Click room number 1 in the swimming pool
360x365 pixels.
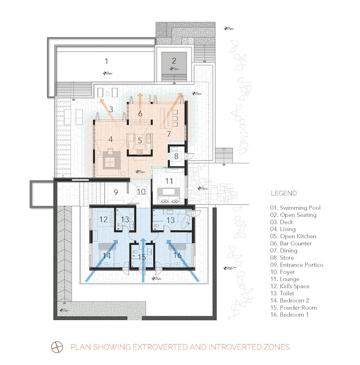coord(106,61)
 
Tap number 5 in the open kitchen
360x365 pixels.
coord(140,140)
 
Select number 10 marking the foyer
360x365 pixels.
coord(140,191)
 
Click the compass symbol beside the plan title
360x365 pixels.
coord(57,347)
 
